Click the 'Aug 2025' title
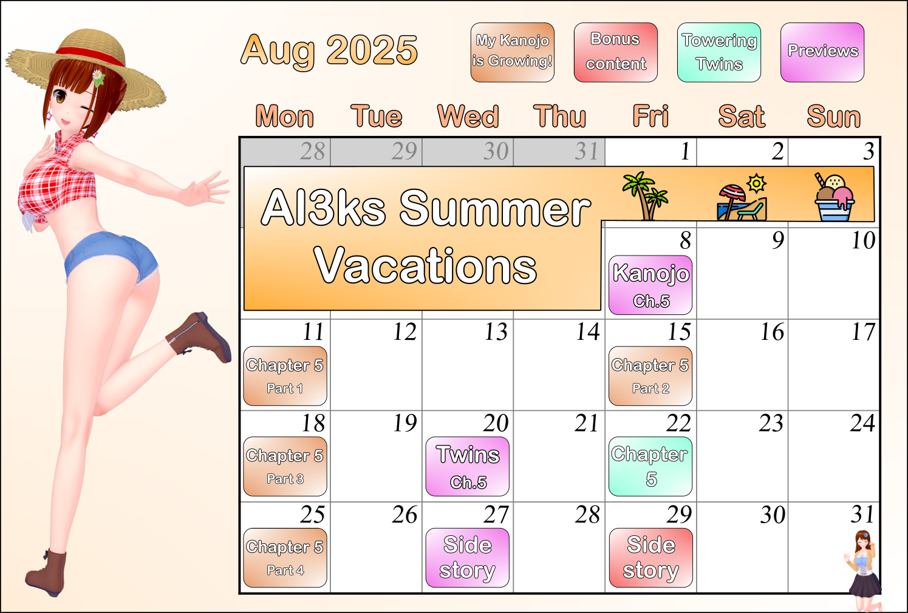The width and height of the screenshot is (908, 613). click(x=329, y=50)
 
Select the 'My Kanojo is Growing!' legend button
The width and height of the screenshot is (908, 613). click(x=513, y=52)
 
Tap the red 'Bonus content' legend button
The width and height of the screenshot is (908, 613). click(x=616, y=52)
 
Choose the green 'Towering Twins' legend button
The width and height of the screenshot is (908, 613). click(x=719, y=52)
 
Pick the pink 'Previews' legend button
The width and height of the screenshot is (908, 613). click(x=822, y=52)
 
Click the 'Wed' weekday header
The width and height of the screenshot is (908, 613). click(x=468, y=117)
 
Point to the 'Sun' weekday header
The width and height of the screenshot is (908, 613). click(x=834, y=117)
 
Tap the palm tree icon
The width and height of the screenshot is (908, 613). click(x=645, y=195)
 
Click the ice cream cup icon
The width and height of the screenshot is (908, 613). click(x=835, y=197)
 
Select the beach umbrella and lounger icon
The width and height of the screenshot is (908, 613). click(x=742, y=197)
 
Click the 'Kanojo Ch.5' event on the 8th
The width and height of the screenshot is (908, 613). click(x=650, y=285)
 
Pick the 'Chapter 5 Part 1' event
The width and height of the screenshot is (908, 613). click(x=285, y=376)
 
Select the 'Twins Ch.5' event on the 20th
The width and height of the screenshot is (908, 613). click(x=468, y=466)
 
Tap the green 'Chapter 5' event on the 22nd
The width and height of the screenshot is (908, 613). click(x=650, y=466)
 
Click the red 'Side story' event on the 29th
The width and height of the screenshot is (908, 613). click(x=650, y=558)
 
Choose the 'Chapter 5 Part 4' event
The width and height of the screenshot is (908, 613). click(x=285, y=558)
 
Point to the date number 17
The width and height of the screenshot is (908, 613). click(x=863, y=332)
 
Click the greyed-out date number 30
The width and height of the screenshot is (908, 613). click(x=496, y=152)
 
